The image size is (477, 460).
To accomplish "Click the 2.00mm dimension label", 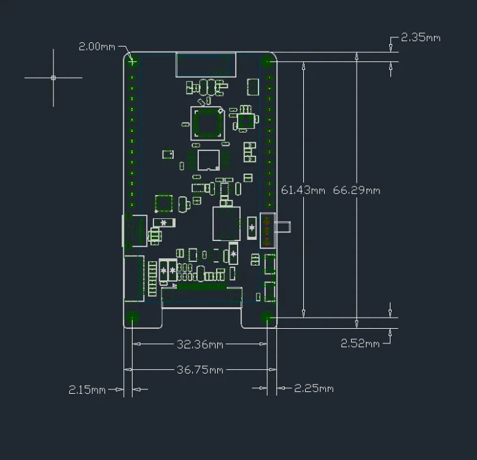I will click(x=97, y=47).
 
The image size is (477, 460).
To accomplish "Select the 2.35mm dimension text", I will click(x=421, y=37).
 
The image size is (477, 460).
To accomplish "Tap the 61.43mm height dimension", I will click(x=303, y=190).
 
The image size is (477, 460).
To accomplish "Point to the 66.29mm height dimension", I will click(x=357, y=190).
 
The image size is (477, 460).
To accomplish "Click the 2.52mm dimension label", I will click(x=360, y=343).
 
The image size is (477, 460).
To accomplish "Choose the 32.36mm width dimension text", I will click(x=200, y=345).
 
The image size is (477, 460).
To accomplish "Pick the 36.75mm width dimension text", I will click(x=200, y=370).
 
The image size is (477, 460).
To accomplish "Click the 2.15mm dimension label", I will click(x=87, y=389).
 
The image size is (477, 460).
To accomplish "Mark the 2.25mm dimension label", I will click(x=314, y=388).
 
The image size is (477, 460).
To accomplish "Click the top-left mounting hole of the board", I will click(x=131, y=61).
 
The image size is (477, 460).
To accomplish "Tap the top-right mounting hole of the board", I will click(x=266, y=62).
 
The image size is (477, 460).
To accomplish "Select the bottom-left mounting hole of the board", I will click(x=133, y=317).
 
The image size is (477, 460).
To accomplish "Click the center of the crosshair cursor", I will click(x=53, y=78).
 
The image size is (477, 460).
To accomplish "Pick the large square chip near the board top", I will click(x=207, y=123).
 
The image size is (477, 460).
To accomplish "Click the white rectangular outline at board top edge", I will click(x=206, y=65).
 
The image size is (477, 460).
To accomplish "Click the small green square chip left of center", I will click(x=164, y=204).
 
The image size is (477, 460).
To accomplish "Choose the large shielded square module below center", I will click(x=226, y=223).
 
